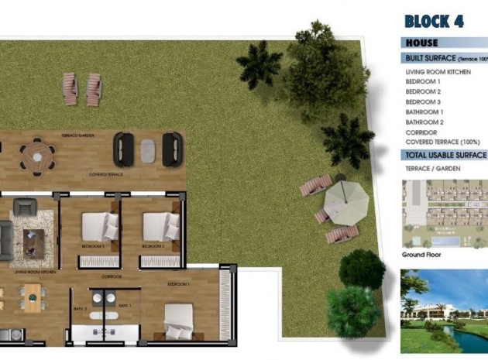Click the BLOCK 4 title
coord(433,21)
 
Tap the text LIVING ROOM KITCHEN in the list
coord(438,72)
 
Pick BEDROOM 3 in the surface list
coord(423,102)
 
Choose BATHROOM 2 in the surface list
coord(424,122)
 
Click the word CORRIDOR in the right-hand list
coord(421,132)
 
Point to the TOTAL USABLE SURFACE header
coord(444,155)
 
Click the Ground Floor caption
coord(421,254)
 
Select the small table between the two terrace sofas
coord(148,149)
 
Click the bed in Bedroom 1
coord(179,320)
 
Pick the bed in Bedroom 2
coord(162,227)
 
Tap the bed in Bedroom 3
coord(100,227)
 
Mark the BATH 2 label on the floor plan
coord(80,307)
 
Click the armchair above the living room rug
coord(25,207)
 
